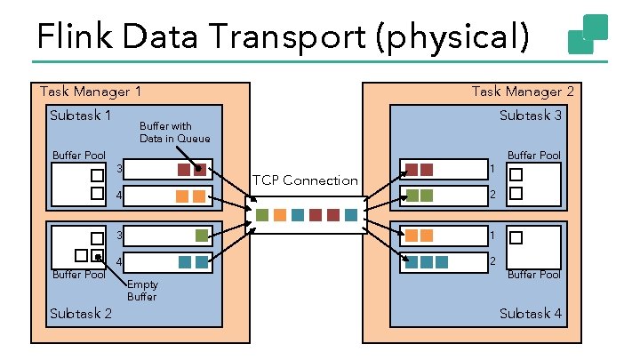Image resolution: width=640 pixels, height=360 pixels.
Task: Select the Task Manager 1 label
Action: pos(90,92)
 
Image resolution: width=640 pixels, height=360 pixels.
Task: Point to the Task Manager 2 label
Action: pos(523,92)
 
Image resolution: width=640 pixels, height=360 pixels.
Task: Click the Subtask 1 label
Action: pos(81,115)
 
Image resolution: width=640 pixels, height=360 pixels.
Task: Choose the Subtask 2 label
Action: pos(81,313)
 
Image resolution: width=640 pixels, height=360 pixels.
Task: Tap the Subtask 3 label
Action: pos(530,115)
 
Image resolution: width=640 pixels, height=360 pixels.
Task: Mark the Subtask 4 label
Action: pos(530,313)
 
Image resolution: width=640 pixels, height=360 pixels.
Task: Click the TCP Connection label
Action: pos(305,180)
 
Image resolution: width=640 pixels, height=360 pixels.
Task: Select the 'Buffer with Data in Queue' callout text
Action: pos(174,132)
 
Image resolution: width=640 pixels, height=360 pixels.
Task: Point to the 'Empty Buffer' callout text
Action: pos(141,291)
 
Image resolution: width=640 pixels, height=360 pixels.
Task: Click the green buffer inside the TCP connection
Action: pos(262,215)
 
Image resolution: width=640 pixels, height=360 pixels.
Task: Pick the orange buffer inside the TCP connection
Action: pos(280,215)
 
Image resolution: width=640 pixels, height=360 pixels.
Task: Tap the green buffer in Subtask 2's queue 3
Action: pos(202,236)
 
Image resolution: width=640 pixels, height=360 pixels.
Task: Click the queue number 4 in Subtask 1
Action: pos(119,195)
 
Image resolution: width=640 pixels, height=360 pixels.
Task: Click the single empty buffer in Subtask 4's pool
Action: pos(514,237)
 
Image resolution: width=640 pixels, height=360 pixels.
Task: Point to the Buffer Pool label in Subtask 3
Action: pos(533,156)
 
